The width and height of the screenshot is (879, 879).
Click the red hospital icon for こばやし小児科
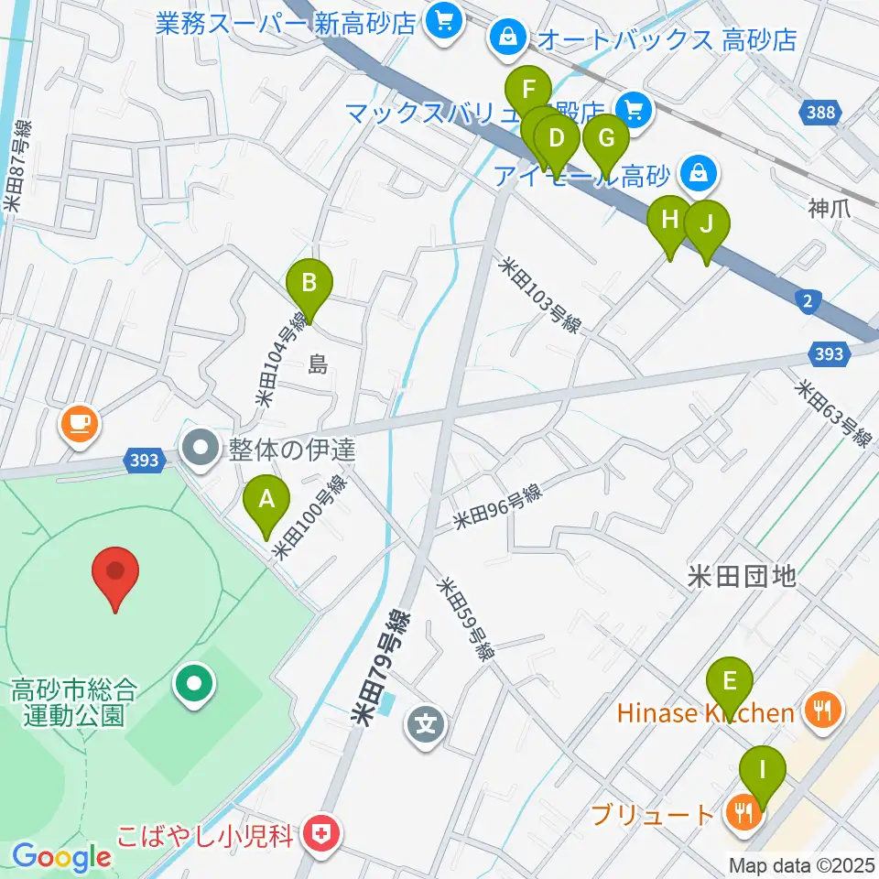pos(320,835)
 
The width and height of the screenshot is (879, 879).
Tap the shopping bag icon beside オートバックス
pos(505,38)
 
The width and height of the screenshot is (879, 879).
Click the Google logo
pos(61,857)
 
